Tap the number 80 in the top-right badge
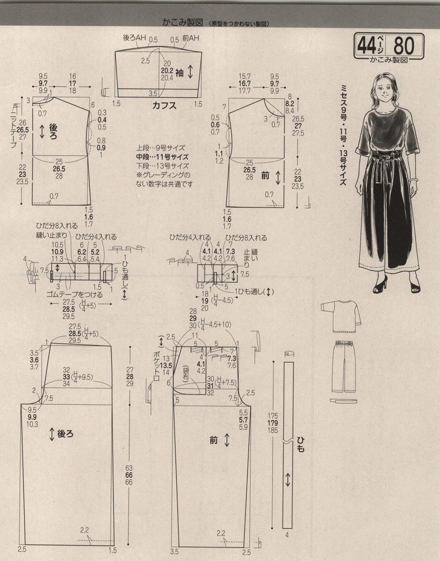(404, 46)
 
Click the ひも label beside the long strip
(300, 444)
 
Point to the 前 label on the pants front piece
(214, 439)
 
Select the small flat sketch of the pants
(344, 367)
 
